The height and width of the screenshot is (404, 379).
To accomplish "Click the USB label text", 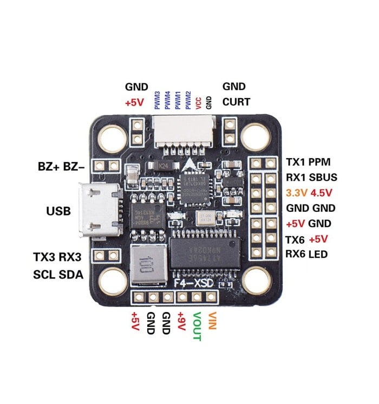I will tap(58, 211).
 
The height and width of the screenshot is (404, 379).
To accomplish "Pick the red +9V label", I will tap(181, 324).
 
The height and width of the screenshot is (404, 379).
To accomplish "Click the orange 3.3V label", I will tap(296, 192).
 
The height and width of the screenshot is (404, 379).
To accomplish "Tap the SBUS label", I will tap(325, 177).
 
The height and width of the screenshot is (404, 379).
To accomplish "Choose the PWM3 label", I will tap(157, 100).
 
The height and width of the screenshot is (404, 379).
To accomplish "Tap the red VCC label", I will tap(198, 102).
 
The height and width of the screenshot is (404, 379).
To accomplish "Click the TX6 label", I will tap(296, 239).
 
